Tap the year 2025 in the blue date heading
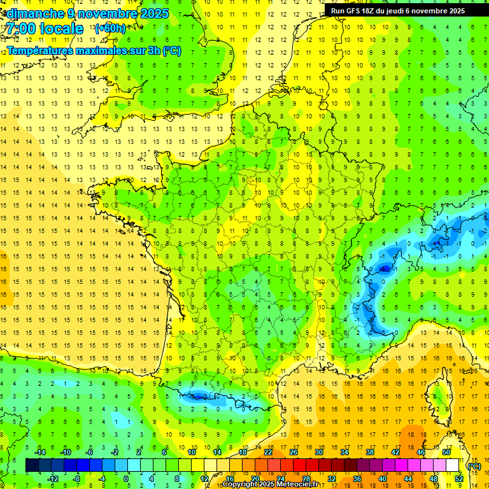click(x=153, y=13)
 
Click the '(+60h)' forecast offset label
click(x=110, y=29)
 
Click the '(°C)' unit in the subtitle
click(x=171, y=50)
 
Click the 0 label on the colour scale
click(x=126, y=479)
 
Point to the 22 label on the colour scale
click(x=268, y=451)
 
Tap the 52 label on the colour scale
click(x=458, y=479)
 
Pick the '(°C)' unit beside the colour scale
click(x=474, y=465)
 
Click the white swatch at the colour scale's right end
click(x=452, y=465)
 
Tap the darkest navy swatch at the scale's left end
click(x=32, y=465)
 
